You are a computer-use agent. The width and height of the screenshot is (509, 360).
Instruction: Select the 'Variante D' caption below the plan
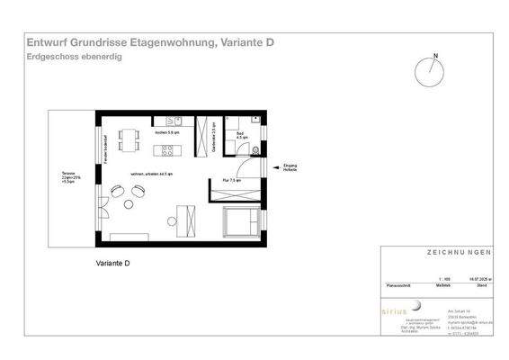[x=113, y=264]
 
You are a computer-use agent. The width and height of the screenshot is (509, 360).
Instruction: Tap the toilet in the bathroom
[x=255, y=149]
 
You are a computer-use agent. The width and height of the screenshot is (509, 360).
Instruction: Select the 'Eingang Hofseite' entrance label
[x=290, y=168]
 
